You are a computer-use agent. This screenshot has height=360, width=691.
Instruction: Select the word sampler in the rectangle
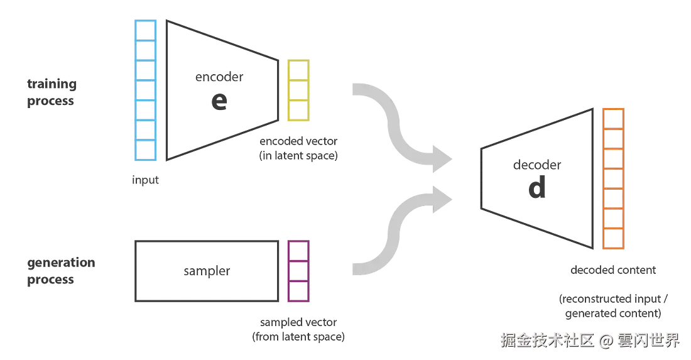tap(206, 271)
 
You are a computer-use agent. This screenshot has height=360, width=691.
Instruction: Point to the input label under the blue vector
tap(145, 180)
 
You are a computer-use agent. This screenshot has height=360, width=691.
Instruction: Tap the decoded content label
tap(612, 271)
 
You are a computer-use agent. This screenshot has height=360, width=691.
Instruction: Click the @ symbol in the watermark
tap(605, 341)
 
